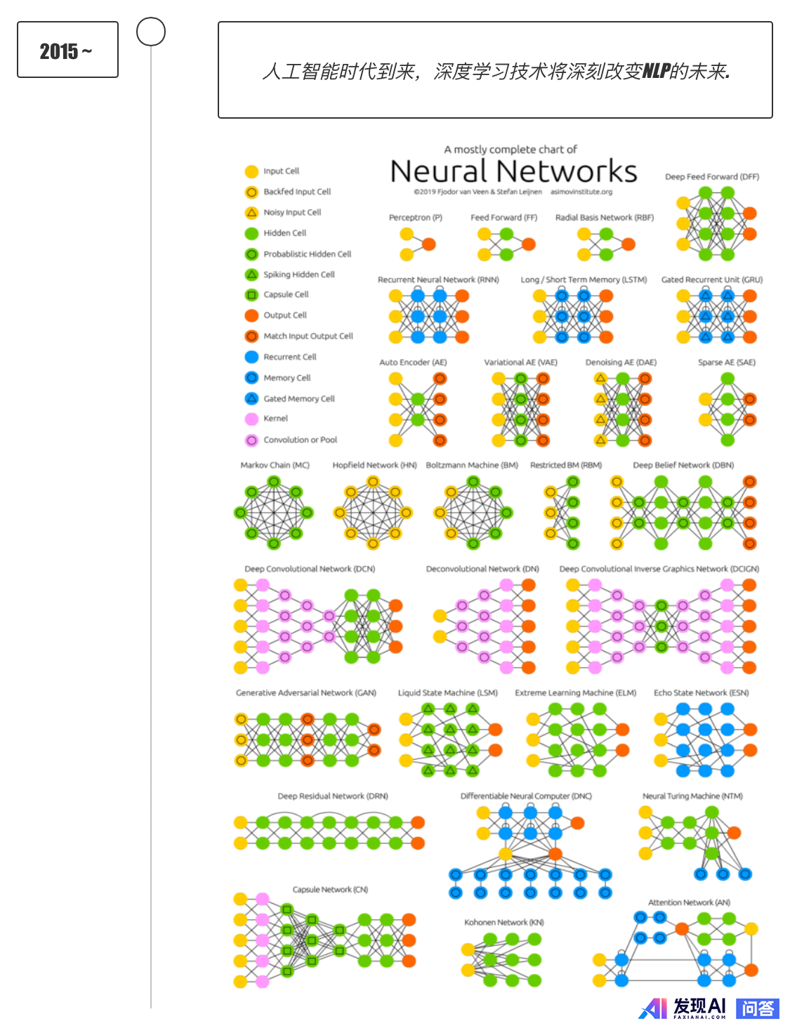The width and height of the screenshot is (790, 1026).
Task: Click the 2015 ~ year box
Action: [67, 50]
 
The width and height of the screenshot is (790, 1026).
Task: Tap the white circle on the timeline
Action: [151, 32]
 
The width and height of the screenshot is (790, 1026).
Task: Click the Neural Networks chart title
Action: [513, 171]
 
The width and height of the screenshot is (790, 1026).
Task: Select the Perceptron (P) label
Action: [416, 218]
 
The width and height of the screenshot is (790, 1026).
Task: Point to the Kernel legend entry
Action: [275, 419]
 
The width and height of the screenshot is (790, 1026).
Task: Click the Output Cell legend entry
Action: [285, 315]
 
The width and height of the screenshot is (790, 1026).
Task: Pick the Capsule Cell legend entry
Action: [286, 295]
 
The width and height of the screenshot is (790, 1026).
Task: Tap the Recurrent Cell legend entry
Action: [289, 357]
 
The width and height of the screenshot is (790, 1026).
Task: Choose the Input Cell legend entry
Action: [281, 171]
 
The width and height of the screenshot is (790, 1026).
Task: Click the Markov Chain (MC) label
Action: [275, 465]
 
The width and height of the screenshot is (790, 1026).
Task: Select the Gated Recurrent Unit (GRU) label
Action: [712, 279]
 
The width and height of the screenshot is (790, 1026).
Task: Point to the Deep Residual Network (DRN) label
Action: [333, 796]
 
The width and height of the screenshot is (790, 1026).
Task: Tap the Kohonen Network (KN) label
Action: [504, 922]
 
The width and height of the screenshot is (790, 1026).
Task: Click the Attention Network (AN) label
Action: [689, 902]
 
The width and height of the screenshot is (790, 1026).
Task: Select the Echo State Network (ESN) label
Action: [701, 692]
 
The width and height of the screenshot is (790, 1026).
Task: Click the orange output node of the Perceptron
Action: [428, 244]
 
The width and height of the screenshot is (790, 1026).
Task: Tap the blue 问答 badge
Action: [758, 1008]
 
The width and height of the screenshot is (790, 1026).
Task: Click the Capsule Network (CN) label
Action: [330, 890]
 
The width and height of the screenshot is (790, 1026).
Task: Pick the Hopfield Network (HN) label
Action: [374, 465]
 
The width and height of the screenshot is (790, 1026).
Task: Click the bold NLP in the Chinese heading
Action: [656, 71]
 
